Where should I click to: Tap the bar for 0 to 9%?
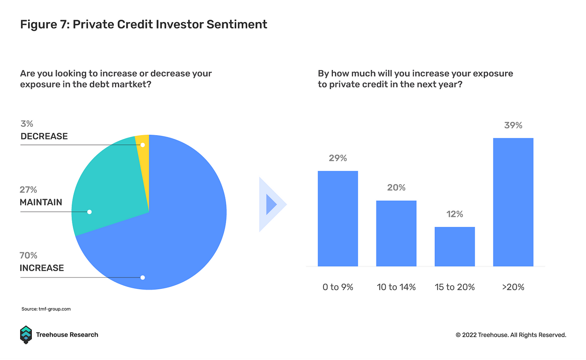point(338,218)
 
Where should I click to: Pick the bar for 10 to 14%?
point(396,233)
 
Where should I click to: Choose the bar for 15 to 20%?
point(455,247)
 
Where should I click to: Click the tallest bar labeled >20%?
point(513,202)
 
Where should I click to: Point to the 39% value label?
point(513,125)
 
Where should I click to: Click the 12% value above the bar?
point(455,214)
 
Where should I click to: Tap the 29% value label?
point(338,158)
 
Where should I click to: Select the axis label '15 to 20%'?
point(455,287)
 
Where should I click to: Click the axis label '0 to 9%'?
point(338,287)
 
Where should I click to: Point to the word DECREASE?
point(44,136)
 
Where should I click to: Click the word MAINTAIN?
point(41,202)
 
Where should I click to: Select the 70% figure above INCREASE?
point(29,255)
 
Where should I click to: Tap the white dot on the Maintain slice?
point(89,212)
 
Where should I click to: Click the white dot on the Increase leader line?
point(142,278)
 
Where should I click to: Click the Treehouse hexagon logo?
point(26,335)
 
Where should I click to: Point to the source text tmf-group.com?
point(55,309)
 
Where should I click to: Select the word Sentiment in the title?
point(237,24)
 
